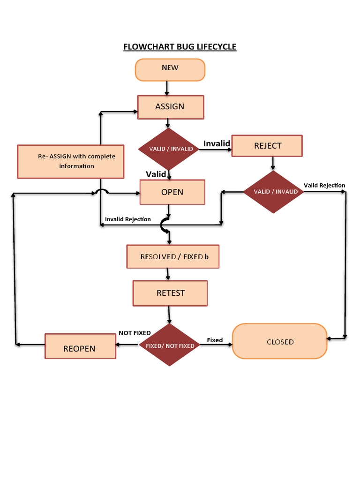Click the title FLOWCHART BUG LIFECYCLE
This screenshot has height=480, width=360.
(180, 47)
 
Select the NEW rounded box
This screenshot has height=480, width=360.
(170, 69)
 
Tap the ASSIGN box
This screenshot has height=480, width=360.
(170, 107)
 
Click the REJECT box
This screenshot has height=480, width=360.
(267, 146)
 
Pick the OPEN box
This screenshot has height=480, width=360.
(172, 192)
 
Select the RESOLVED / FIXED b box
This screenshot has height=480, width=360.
(172, 257)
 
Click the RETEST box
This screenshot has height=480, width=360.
(170, 293)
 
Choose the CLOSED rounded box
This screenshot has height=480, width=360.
(280, 342)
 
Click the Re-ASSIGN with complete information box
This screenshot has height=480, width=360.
(71, 162)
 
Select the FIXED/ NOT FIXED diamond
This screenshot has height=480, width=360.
(170, 345)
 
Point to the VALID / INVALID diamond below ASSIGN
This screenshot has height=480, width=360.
(169, 149)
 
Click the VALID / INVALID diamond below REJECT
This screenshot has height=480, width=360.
(274, 192)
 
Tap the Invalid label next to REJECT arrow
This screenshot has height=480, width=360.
(217, 143)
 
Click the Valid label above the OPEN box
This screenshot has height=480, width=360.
(156, 174)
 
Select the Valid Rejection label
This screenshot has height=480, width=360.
(324, 185)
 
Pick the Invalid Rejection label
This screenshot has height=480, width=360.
(127, 219)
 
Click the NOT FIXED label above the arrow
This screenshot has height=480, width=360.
(135, 333)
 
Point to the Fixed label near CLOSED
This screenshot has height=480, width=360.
(215, 340)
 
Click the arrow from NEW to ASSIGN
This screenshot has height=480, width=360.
(166, 88)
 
